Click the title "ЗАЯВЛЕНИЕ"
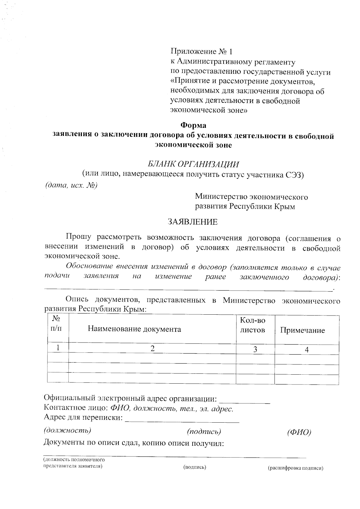[192, 222]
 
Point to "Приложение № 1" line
[201, 52]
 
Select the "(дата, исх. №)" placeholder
[71, 185]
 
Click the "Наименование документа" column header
[134, 329]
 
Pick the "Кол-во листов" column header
[253, 325]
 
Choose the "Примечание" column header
[302, 330]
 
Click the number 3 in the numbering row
[255, 349]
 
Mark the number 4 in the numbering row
[307, 349]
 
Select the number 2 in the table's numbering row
[152, 348]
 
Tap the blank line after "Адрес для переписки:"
[182, 421]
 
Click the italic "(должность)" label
[67, 430]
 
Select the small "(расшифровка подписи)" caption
[295, 468]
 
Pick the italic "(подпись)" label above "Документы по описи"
[204, 431]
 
